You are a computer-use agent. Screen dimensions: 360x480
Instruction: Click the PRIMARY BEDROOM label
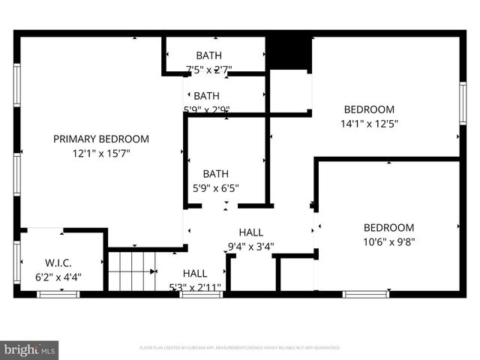point(100,139)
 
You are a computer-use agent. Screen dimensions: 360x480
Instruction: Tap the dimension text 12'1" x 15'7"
point(100,153)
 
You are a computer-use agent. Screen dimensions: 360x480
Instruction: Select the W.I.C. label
point(58,263)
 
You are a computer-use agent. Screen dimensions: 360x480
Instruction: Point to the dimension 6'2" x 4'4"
point(58,277)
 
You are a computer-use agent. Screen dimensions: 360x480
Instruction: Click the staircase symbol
point(132,271)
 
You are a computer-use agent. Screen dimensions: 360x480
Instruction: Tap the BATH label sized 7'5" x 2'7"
point(208,55)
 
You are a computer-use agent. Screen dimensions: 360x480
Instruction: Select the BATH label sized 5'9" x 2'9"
point(206,96)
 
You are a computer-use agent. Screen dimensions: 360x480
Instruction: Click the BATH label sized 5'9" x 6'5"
point(215,173)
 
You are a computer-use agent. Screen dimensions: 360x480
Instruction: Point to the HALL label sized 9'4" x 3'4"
point(250,232)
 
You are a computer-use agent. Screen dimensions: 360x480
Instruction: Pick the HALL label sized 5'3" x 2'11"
point(195,274)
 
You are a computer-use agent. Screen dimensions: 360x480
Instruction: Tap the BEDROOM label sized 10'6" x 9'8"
point(388,228)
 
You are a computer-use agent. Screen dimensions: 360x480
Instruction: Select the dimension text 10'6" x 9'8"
point(388,241)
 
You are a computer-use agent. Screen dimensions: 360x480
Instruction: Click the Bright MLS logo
point(30,349)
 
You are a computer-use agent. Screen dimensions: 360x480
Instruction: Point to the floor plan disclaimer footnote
point(240,348)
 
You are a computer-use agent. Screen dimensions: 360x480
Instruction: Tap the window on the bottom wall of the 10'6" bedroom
point(365,294)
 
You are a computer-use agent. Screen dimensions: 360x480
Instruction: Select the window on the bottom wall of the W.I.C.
point(58,294)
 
